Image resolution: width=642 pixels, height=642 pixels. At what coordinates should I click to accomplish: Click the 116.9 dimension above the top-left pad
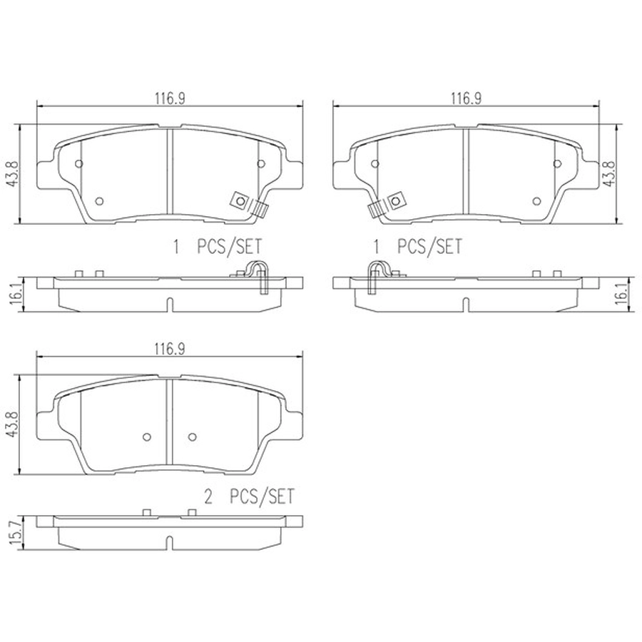pos(170,98)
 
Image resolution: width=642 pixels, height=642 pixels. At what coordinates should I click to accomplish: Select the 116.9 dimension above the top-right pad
pos(467,98)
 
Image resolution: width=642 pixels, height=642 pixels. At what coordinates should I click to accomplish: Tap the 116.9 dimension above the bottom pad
pos(170,349)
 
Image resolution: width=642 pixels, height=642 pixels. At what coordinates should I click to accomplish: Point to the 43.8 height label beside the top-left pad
pos(13,174)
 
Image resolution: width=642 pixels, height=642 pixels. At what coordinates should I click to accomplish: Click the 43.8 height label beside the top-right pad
pos(609,173)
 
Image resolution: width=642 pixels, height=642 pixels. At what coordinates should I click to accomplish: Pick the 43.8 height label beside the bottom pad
pos(13,424)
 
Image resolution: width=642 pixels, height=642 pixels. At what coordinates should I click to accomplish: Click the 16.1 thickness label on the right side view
pos(621,293)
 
